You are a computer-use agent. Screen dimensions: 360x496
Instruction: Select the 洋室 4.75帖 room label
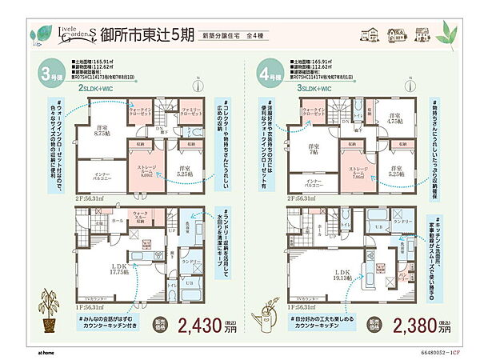coord(394,119)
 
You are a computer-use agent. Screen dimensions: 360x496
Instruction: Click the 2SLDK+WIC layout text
coord(100,91)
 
